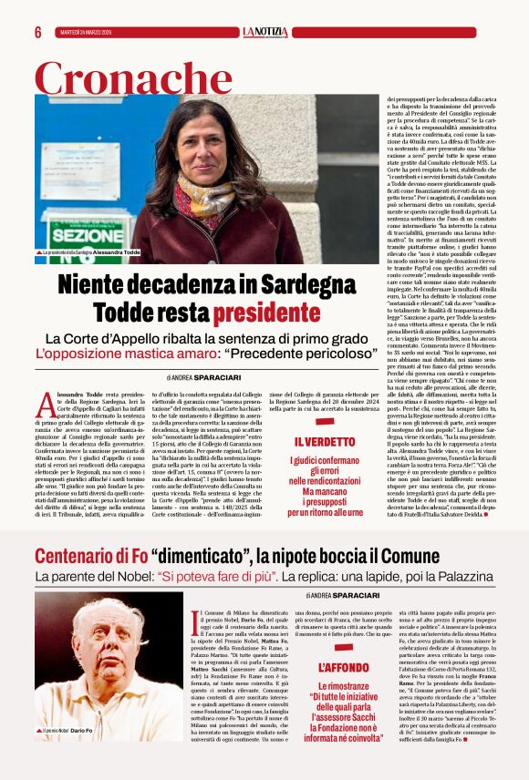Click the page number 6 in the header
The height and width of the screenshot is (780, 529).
(38, 32)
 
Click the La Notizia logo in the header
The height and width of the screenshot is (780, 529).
(264, 32)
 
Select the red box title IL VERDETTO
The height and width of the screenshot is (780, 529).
(325, 442)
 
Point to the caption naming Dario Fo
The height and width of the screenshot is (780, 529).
(69, 731)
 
